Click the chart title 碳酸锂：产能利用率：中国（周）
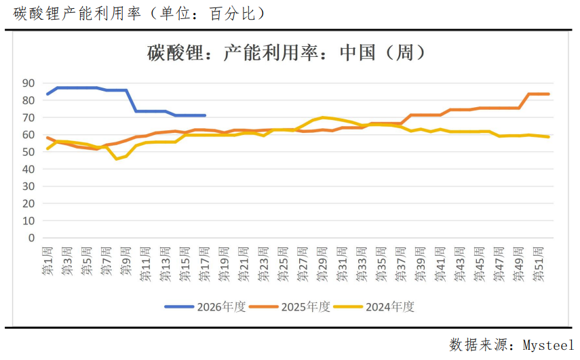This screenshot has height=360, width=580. (286, 53)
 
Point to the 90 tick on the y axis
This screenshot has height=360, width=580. (28, 83)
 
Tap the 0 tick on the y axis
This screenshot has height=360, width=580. (31, 238)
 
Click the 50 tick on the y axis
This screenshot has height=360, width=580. (28, 152)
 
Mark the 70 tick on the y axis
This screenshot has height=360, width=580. (28, 117)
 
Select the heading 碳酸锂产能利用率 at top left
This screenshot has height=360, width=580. (74, 13)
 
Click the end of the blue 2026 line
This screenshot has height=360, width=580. (205, 115)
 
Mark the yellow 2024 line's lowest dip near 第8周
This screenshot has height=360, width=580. (116, 159)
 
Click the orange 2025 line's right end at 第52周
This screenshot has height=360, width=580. (548, 94)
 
